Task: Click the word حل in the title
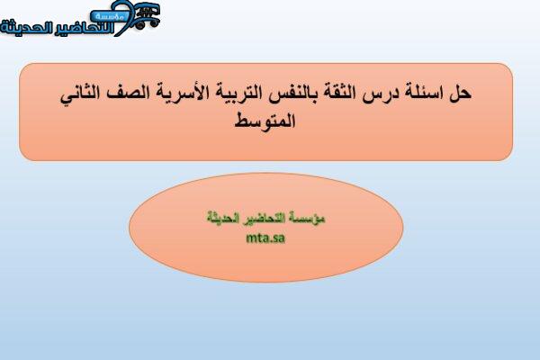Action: click(x=460, y=93)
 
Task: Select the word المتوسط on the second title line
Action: click(x=265, y=121)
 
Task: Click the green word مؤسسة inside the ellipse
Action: click(x=311, y=218)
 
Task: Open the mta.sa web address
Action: click(x=265, y=238)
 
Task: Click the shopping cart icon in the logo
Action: click(x=147, y=15)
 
